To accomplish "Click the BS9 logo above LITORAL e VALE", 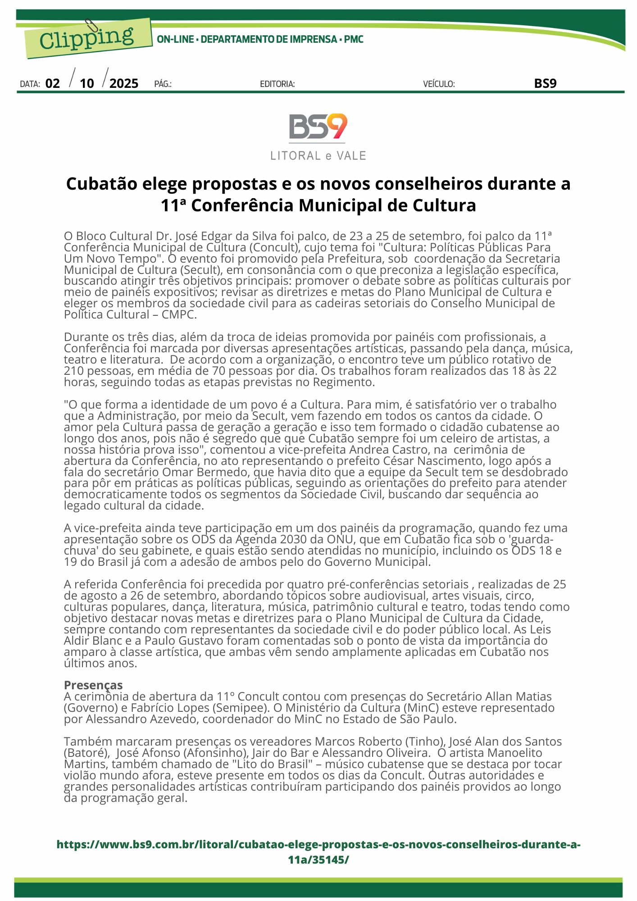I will (318, 127).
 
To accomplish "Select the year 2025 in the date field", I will (124, 84).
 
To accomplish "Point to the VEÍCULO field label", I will (438, 84).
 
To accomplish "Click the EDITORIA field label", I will (277, 84).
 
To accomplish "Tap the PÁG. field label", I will (163, 84).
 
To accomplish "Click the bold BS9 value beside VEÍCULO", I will (545, 84).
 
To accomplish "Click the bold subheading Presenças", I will (93, 685).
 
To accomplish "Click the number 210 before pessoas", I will (73, 371).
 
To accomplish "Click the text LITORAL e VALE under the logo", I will (318, 156).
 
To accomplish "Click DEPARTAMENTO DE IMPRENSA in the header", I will (269, 40).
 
